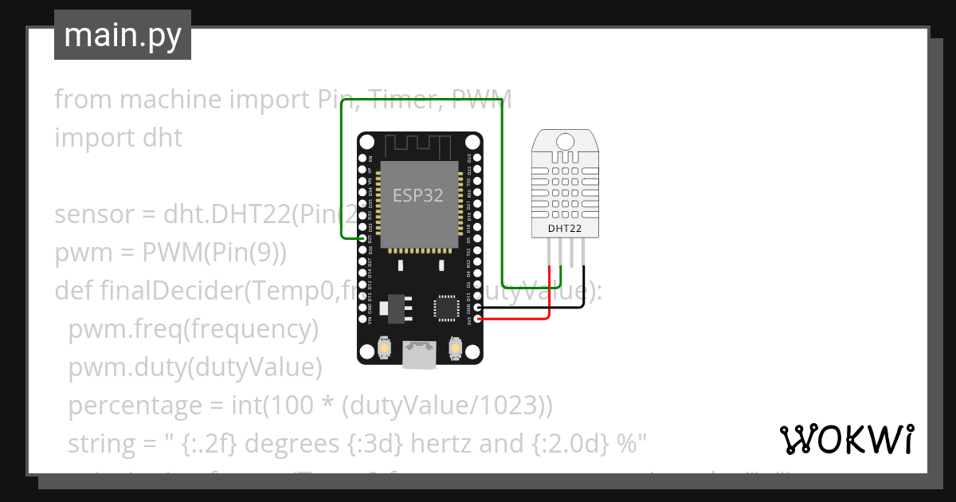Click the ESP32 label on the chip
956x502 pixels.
pos(418,196)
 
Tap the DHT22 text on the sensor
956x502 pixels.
pos(565,229)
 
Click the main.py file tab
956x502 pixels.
pos(123,35)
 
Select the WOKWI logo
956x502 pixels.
pos(846,439)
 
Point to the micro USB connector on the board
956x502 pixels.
pos(420,355)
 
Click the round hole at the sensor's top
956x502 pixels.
pos(565,142)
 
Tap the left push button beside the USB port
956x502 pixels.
pos(384,349)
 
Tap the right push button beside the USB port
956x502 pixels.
pos(456,349)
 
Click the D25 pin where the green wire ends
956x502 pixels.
pos(364,238)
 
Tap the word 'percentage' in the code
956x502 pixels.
pos(134,406)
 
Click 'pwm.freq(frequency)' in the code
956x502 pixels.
pos(193,328)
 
